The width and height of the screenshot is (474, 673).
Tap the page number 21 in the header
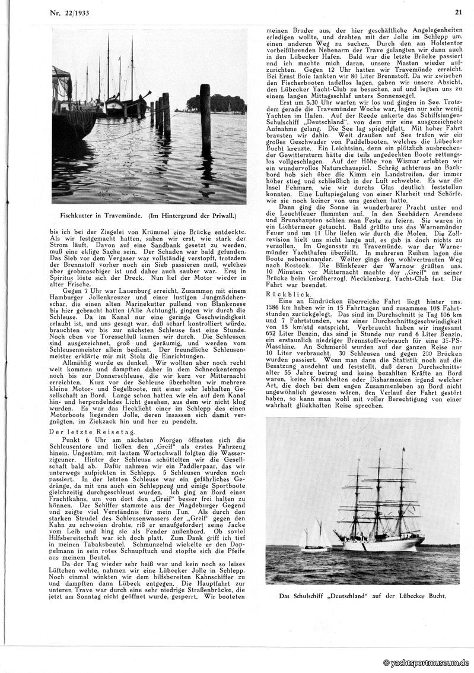coord(458,11)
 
